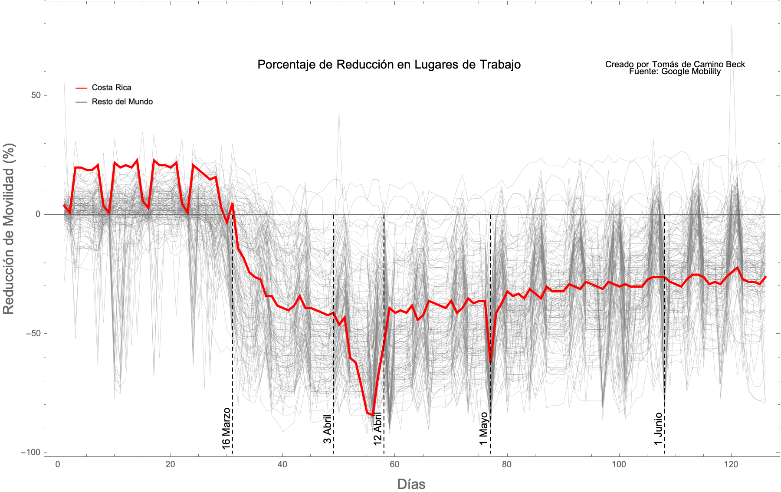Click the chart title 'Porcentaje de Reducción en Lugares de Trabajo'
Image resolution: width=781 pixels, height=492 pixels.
pyautogui.click(x=389, y=65)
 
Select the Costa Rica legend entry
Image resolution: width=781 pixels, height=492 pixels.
pyautogui.click(x=111, y=88)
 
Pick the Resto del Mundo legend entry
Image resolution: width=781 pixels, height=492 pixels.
pyautogui.click(x=122, y=102)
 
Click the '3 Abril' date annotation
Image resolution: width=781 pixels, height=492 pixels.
pyautogui.click(x=328, y=429)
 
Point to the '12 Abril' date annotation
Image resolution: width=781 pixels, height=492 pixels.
pyautogui.click(x=378, y=429)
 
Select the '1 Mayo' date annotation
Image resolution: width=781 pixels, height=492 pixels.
pyautogui.click(x=484, y=429)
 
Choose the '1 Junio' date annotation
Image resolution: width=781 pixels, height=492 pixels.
pyautogui.click(x=659, y=429)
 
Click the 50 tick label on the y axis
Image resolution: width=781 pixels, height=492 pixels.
pyautogui.click(x=36, y=95)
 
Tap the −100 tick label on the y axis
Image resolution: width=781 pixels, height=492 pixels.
pyautogui.click(x=30, y=452)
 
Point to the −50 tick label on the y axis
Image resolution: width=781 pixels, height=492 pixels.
pyautogui.click(x=33, y=333)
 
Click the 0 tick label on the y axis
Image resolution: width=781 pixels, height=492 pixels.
pyautogui.click(x=38, y=214)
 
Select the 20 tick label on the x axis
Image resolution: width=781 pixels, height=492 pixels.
pyautogui.click(x=170, y=465)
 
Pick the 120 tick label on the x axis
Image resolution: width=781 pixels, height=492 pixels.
pyautogui.click(x=731, y=465)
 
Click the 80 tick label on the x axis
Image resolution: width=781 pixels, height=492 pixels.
pyautogui.click(x=506, y=465)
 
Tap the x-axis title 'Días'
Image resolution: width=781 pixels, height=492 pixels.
pyautogui.click(x=411, y=484)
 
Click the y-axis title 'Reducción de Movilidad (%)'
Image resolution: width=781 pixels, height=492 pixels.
pyautogui.click(x=9, y=229)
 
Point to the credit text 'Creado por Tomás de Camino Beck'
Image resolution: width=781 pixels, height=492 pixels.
pyautogui.click(x=675, y=64)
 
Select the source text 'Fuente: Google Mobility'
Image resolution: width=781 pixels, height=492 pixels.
pyautogui.click(x=675, y=72)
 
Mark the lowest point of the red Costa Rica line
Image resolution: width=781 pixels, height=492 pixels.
pyautogui.click(x=373, y=415)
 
